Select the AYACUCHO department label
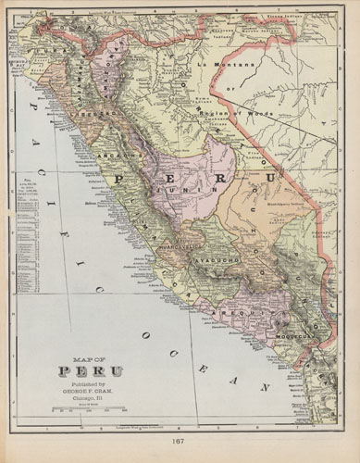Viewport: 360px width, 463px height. coord(217,262)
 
